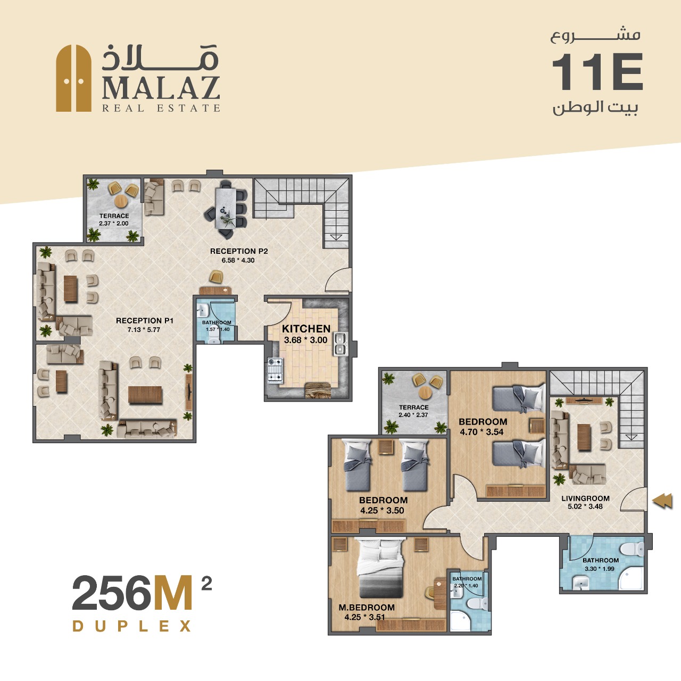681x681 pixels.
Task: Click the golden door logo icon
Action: (x=73, y=78)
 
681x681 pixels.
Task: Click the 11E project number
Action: (x=597, y=72)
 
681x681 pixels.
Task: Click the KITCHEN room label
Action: (x=306, y=329)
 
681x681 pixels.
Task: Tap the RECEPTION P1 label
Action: (x=145, y=320)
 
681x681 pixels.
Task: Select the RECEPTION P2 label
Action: (x=239, y=251)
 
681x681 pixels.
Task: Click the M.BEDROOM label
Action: (x=367, y=608)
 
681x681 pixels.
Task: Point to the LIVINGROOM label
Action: (x=585, y=499)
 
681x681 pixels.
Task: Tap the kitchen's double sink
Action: (x=339, y=344)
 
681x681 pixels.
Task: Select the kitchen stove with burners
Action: (x=275, y=370)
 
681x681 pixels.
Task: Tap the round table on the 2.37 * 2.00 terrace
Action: (x=121, y=202)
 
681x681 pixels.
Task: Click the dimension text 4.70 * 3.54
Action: (x=481, y=432)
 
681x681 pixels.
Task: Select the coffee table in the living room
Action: (x=584, y=437)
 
